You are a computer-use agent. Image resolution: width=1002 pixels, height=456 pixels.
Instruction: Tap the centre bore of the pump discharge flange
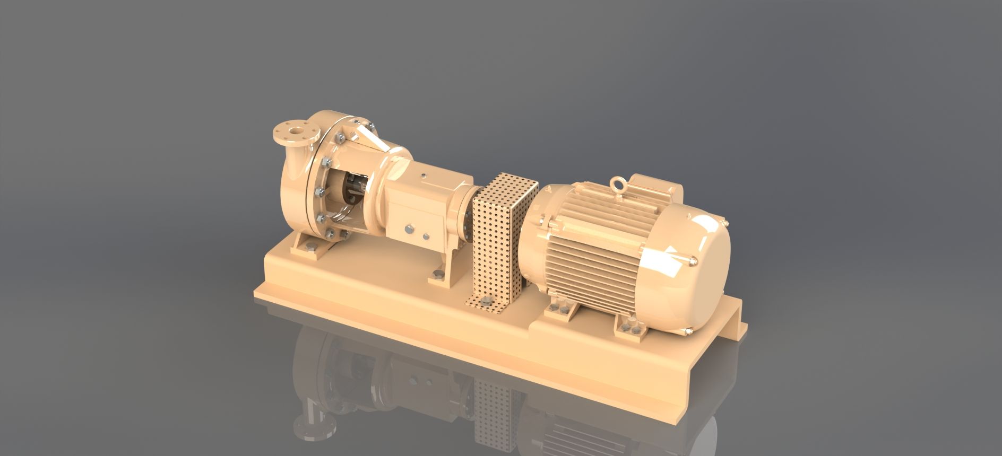point(293,129)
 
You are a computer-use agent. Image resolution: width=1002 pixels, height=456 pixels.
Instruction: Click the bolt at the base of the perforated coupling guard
point(483,303)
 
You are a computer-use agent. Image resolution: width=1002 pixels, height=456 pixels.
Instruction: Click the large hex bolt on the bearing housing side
point(409,229)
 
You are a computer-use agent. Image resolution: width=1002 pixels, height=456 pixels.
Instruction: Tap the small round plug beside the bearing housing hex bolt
point(426,235)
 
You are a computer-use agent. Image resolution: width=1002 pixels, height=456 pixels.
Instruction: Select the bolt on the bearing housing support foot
point(437,274)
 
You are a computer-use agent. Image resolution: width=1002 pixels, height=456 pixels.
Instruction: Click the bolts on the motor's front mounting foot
point(563,310)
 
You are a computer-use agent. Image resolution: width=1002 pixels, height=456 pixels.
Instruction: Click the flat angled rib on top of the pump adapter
point(366,135)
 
